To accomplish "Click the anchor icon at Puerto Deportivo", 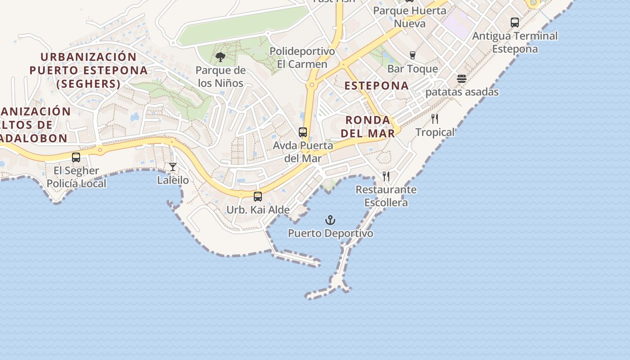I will pyautogui.click(x=331, y=220).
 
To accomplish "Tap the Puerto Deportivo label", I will pyautogui.click(x=331, y=234).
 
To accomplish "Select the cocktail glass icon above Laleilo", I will pyautogui.click(x=173, y=167).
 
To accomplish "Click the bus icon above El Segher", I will pyautogui.click(x=76, y=157).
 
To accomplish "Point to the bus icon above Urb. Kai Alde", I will pyautogui.click(x=258, y=197).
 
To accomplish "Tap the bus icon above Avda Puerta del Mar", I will pyautogui.click(x=303, y=132).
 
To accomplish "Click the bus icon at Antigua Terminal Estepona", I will pyautogui.click(x=515, y=22).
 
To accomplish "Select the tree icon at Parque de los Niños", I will pyautogui.click(x=220, y=57).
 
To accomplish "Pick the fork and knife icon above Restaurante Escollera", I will pyautogui.click(x=386, y=176).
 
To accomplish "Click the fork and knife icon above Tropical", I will pyautogui.click(x=435, y=119).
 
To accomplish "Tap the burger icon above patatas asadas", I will pyautogui.click(x=462, y=79).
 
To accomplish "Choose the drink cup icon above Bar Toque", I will pyautogui.click(x=413, y=55).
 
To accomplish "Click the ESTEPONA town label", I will pyautogui.click(x=377, y=85).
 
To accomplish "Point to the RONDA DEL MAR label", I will pyautogui.click(x=368, y=126).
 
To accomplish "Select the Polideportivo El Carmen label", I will pyautogui.click(x=302, y=58).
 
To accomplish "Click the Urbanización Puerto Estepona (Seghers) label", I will pyautogui.click(x=89, y=70).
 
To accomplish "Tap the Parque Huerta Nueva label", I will pyautogui.click(x=409, y=17).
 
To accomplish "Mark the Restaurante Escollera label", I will pyautogui.click(x=386, y=196).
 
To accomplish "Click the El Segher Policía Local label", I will pyautogui.click(x=76, y=177).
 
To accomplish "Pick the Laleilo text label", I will pyautogui.click(x=173, y=180).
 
